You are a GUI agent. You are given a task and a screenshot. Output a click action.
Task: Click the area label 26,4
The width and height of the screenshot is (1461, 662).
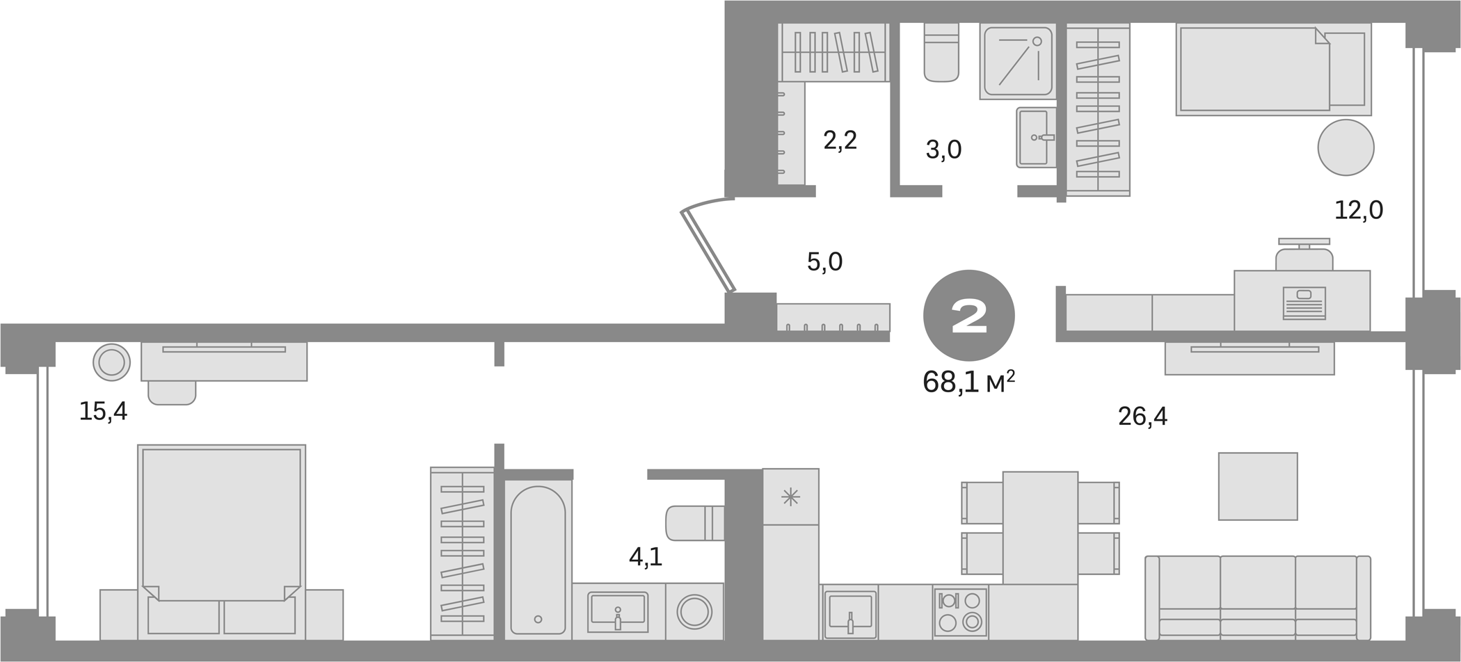(x=1142, y=417)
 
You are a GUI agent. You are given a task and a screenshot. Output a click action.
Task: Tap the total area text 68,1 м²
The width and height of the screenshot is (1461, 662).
(x=968, y=382)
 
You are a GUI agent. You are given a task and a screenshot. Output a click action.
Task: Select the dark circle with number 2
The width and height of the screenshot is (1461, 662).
(x=968, y=316)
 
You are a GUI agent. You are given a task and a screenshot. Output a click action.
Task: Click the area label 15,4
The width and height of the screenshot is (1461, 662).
(x=103, y=412)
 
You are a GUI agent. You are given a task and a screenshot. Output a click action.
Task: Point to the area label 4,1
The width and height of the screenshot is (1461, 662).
(x=645, y=558)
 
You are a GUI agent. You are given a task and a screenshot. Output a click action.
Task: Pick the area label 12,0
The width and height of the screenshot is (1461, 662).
(x=1358, y=210)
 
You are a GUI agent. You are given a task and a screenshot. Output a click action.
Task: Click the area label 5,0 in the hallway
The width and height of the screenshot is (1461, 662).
(x=824, y=262)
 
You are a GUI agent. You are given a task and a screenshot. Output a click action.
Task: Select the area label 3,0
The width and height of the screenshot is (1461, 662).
(x=943, y=150)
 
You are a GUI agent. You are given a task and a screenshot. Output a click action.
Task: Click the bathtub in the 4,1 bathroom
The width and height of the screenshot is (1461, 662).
(x=537, y=560)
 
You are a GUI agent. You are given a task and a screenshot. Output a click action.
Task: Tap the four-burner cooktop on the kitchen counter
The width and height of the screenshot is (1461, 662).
(x=960, y=612)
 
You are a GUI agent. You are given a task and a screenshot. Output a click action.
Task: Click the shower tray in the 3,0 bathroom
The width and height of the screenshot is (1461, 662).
(x=1016, y=61)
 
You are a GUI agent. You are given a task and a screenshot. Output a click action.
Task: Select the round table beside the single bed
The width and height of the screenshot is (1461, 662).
(x=1346, y=147)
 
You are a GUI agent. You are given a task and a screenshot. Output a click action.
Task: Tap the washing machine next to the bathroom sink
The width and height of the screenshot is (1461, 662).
(x=694, y=612)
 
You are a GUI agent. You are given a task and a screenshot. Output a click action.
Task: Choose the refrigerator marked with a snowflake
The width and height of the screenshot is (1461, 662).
(x=790, y=496)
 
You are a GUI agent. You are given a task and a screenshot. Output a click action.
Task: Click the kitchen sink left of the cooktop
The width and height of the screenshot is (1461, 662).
(x=849, y=613)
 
